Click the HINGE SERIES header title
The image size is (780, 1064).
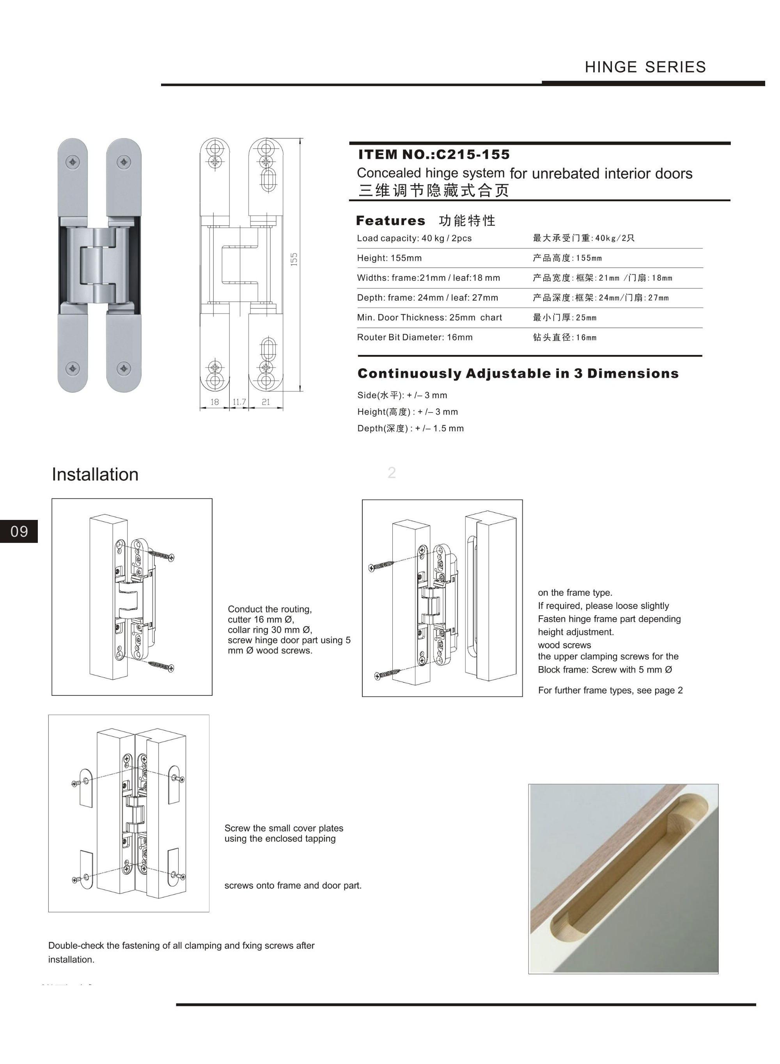coord(645,67)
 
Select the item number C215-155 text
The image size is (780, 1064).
coord(473,154)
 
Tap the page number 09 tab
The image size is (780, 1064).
coord(19,532)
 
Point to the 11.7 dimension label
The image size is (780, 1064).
coord(239,402)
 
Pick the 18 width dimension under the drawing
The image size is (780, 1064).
coord(214,402)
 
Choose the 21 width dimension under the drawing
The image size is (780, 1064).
coord(266,402)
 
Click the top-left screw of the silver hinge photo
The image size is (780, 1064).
coord(73,162)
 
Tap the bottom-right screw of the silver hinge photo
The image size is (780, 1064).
coord(124,368)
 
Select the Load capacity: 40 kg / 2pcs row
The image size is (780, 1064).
coord(414,238)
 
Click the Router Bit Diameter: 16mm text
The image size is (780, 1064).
coord(415,337)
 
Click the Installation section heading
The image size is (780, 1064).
coord(95,474)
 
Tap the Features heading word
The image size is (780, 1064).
coord(390,220)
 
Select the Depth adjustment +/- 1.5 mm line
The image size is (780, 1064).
coord(410,429)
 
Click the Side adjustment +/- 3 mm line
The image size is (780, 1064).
coord(402,395)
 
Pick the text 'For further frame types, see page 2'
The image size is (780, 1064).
coord(610,690)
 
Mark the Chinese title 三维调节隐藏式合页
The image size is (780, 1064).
coord(433,191)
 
